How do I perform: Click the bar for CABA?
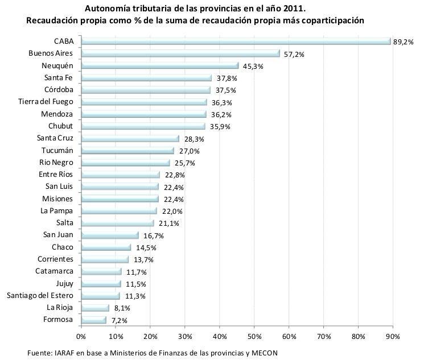click(236, 42)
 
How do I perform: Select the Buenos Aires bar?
click(180, 53)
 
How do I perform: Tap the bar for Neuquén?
click(160, 65)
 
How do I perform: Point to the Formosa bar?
click(93, 320)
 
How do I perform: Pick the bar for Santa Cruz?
click(130, 138)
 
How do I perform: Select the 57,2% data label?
click(294, 54)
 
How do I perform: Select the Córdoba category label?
click(59, 90)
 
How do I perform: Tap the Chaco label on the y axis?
click(63, 247)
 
